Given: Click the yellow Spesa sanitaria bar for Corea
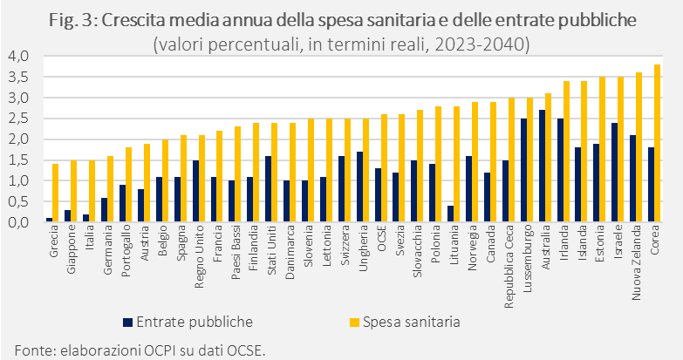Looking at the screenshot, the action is [x=658, y=143].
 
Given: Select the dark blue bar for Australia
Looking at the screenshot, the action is [x=542, y=166].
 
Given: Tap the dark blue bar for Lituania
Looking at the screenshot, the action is [x=450, y=214].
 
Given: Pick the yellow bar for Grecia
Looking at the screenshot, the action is [x=55, y=193].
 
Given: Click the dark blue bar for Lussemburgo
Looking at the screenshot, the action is [x=523, y=170].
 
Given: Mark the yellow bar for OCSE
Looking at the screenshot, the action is [x=384, y=168].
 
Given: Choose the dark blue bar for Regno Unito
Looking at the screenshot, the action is [x=195, y=191].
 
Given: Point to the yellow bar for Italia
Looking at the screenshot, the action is [x=92, y=191].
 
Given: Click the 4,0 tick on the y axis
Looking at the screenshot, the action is [x=18, y=56].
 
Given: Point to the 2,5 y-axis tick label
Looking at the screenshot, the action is [x=18, y=119].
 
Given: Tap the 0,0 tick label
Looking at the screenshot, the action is [x=18, y=222].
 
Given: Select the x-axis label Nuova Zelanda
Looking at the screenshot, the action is [x=636, y=262].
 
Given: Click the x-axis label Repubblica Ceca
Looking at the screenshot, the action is [x=509, y=267].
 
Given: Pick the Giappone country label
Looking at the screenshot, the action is [x=72, y=249].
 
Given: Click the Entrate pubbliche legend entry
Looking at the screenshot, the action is [x=188, y=323].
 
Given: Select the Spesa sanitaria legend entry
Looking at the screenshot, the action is [x=405, y=323].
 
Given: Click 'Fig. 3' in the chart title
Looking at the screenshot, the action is [x=70, y=20].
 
